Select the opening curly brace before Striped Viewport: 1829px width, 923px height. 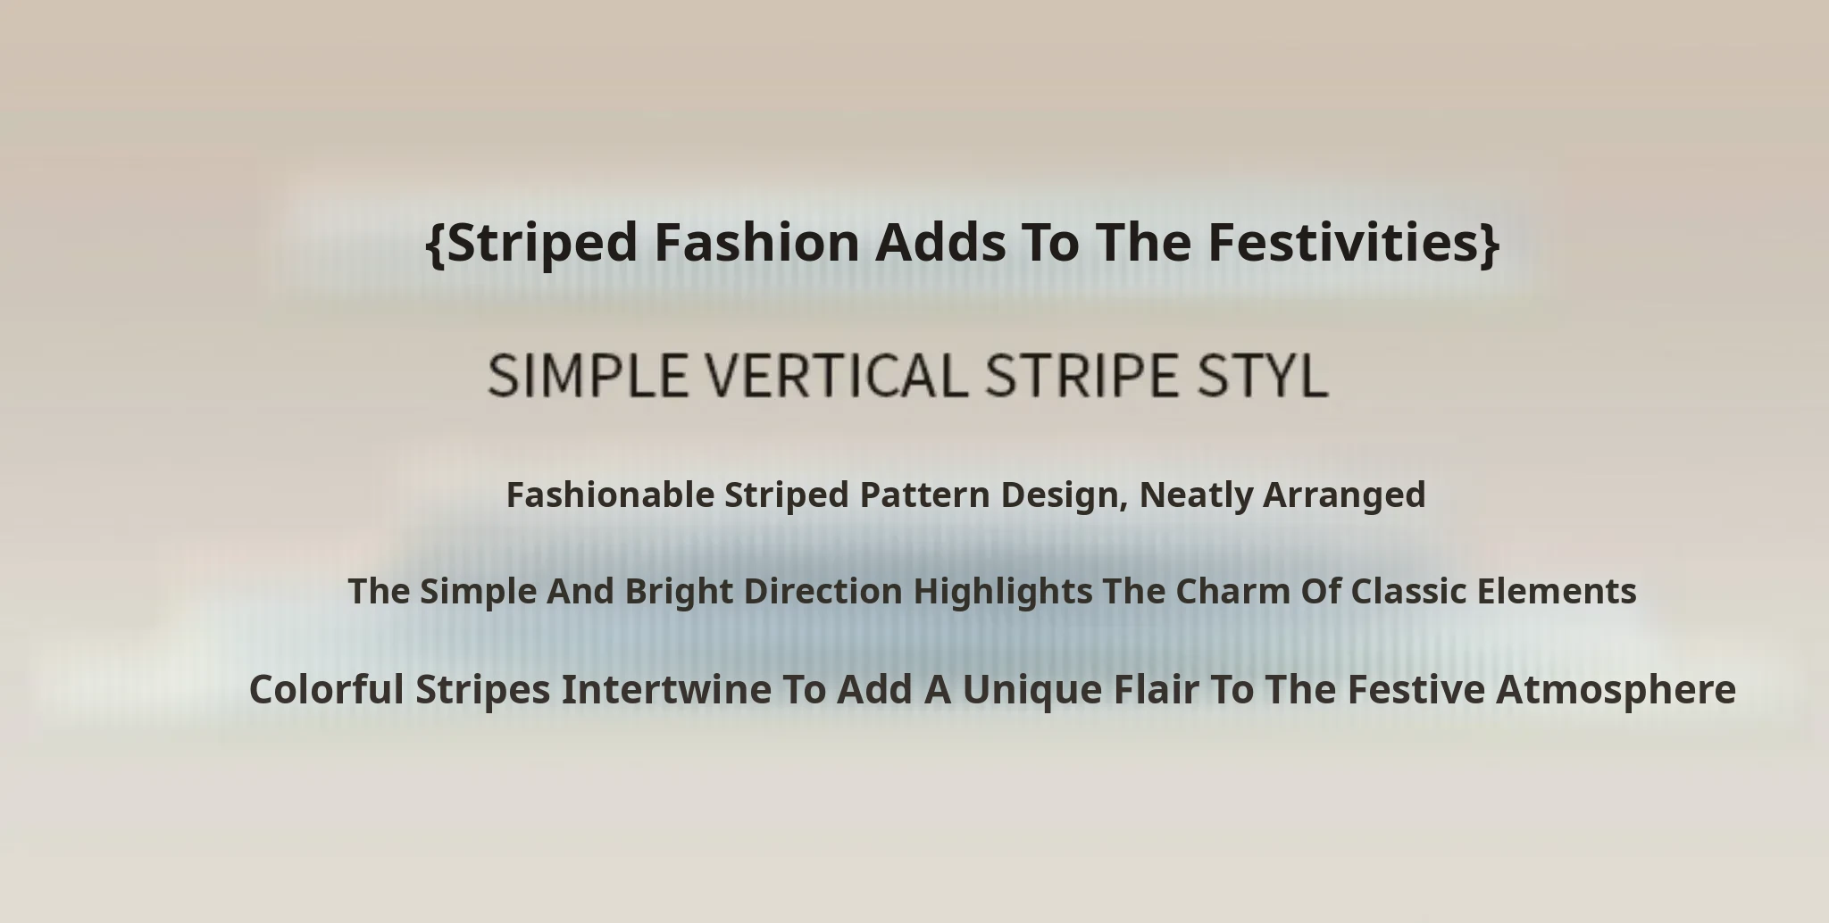pyautogui.click(x=435, y=243)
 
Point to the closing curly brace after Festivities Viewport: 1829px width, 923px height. pyautogui.click(x=1490, y=243)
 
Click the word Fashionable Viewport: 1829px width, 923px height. pyautogui.click(x=610, y=495)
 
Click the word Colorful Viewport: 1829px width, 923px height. pyautogui.click(x=326, y=689)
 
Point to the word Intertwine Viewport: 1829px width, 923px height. pyautogui.click(x=666, y=689)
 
